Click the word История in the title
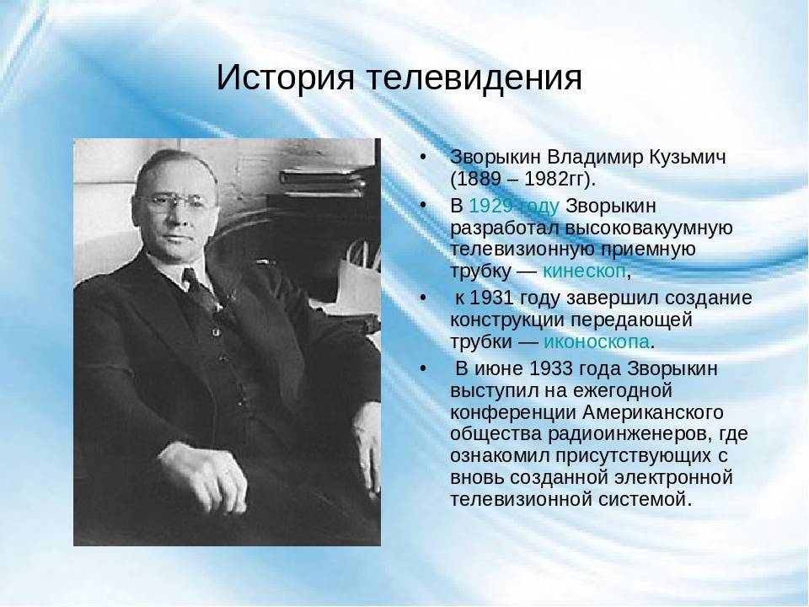click(x=286, y=78)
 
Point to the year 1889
click(x=480, y=179)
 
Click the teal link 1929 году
click(x=513, y=207)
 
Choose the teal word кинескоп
click(x=585, y=271)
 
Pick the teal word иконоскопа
click(x=597, y=341)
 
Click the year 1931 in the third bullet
click(x=492, y=298)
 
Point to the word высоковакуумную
click(x=649, y=228)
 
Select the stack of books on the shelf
click(x=323, y=183)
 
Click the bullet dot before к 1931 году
click(x=423, y=298)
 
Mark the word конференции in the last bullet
click(x=513, y=412)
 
